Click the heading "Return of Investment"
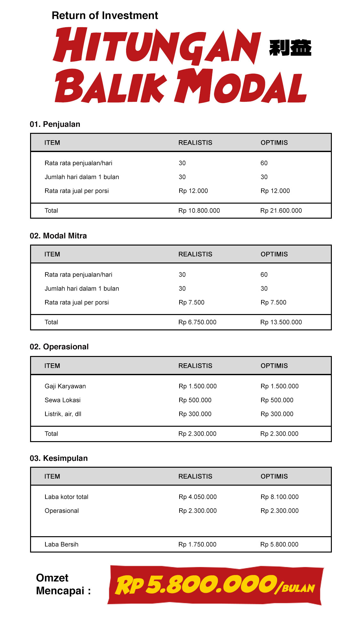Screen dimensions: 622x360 click(x=105, y=15)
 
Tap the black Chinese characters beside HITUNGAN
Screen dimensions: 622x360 click(x=290, y=48)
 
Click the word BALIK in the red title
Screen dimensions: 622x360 click(x=111, y=86)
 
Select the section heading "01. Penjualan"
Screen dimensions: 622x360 click(x=55, y=124)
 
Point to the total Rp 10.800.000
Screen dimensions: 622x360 click(x=199, y=211)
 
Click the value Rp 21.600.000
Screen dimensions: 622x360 click(x=281, y=211)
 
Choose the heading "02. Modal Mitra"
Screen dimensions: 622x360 click(x=58, y=236)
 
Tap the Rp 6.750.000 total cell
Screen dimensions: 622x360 click(x=197, y=322)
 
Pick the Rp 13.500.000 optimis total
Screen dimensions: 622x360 click(x=281, y=322)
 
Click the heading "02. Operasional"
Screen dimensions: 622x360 click(x=59, y=347)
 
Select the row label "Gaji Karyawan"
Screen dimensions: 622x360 click(x=65, y=386)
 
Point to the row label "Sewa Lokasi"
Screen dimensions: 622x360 click(x=63, y=400)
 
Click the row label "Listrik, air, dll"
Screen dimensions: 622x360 click(x=63, y=414)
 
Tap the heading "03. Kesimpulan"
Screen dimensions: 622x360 click(x=59, y=458)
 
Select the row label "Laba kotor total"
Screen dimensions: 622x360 click(x=67, y=497)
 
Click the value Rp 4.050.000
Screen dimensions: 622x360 click(x=197, y=497)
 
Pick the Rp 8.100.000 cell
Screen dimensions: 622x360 click(x=279, y=497)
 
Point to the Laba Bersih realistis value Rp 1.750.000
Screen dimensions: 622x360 click(x=197, y=544)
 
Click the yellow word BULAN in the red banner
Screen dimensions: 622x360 click(x=298, y=588)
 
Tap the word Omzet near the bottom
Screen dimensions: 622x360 click(x=52, y=578)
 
